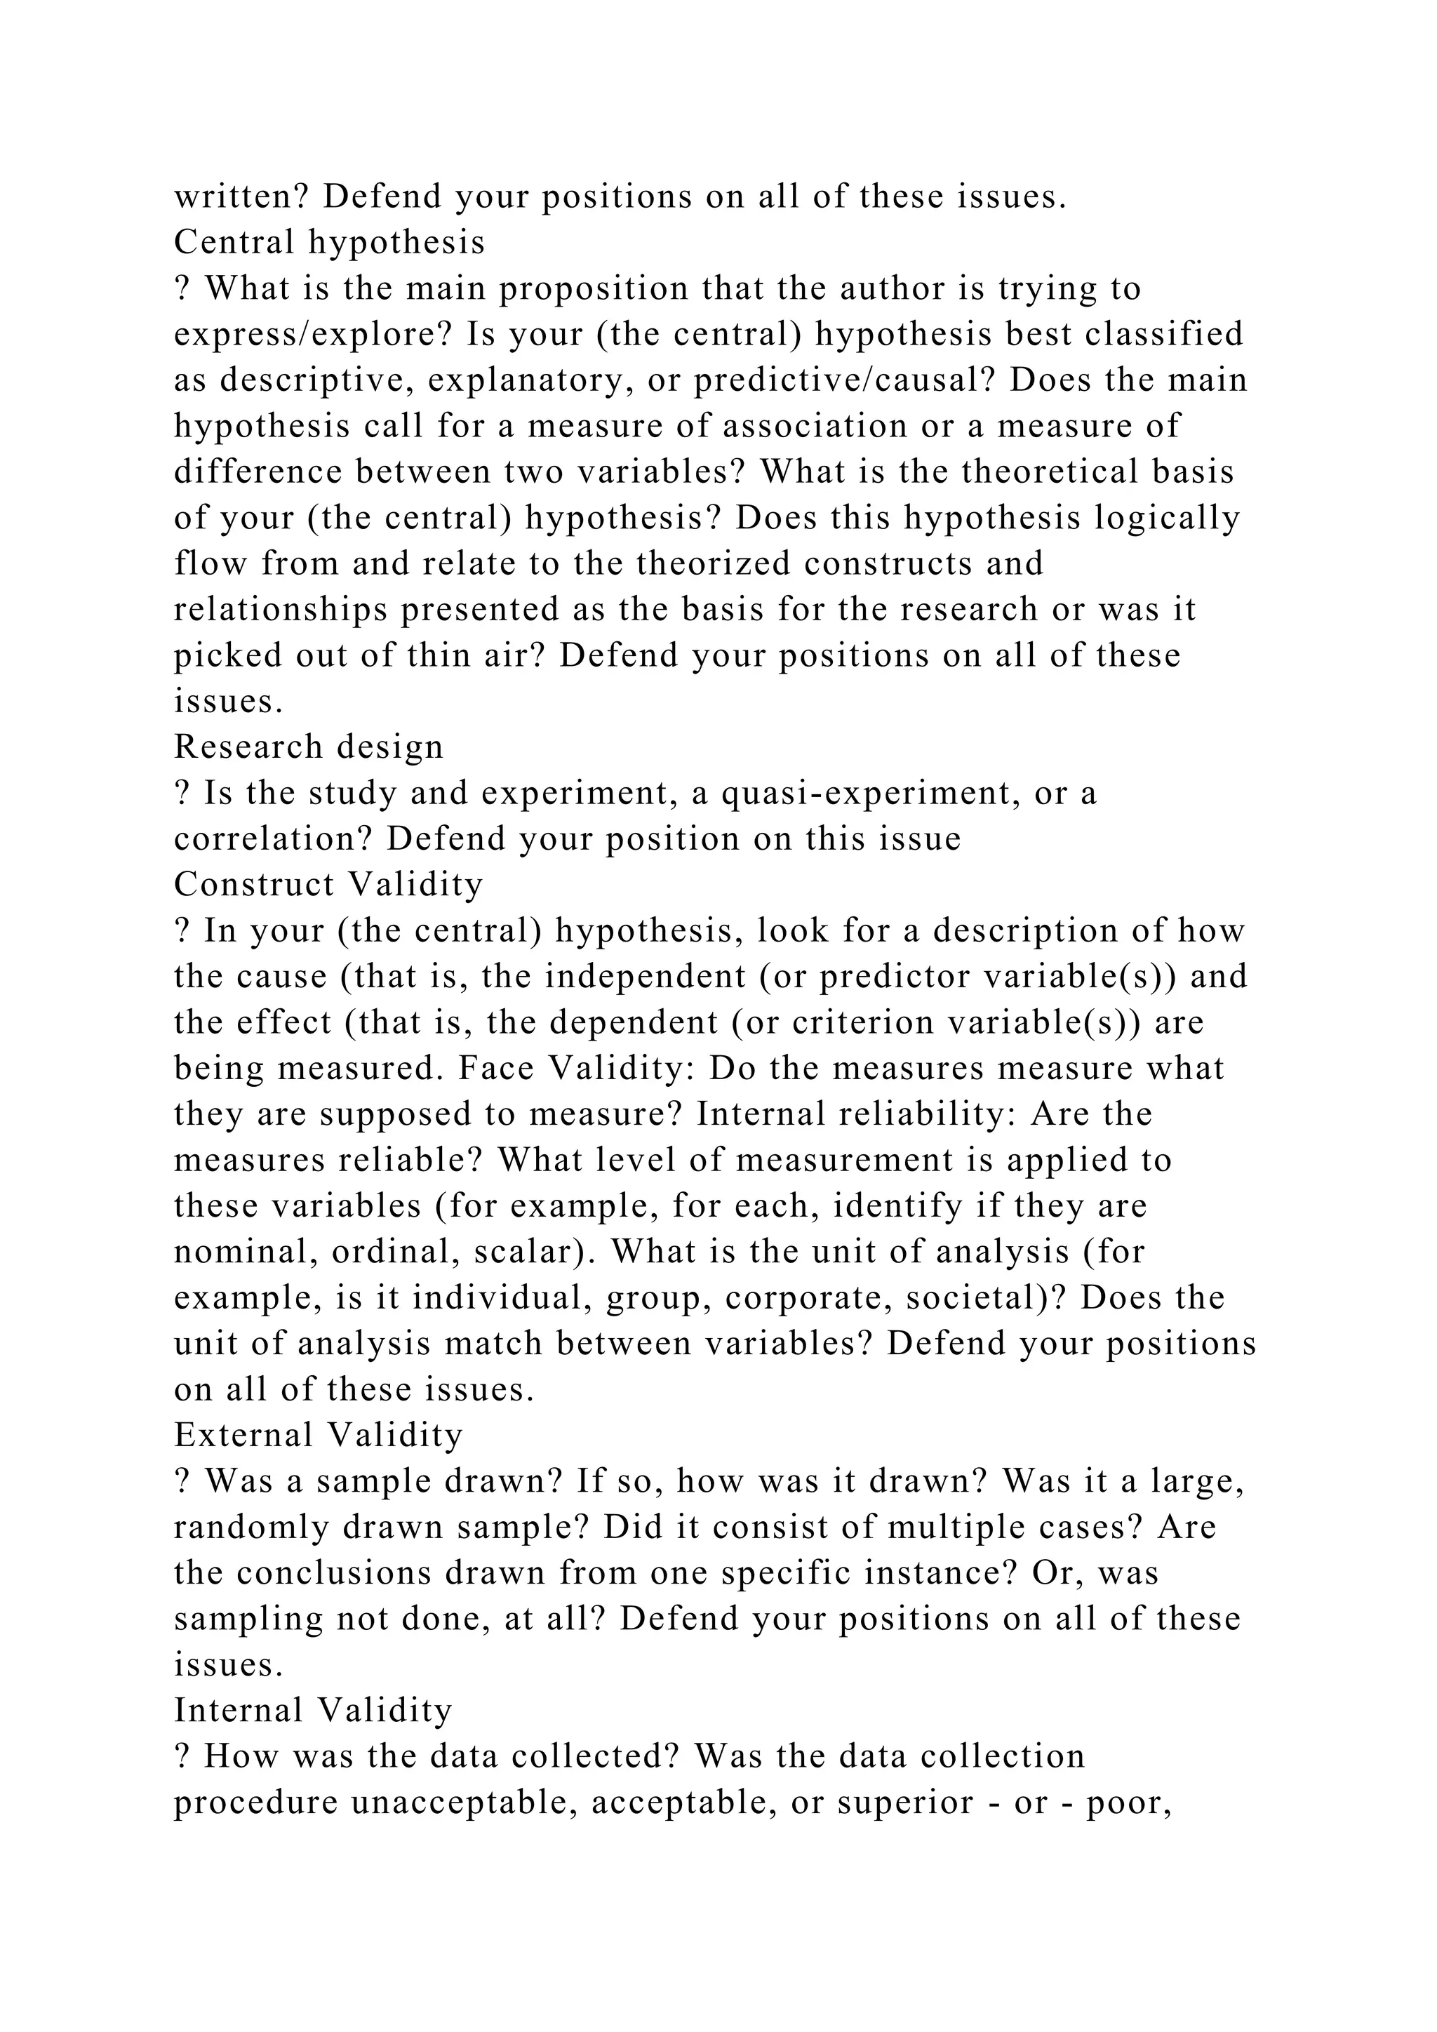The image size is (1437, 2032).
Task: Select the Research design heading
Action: (x=308, y=747)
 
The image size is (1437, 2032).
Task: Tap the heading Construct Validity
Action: (x=328, y=884)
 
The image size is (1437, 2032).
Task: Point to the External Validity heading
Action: (x=319, y=1435)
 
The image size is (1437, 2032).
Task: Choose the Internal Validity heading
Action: (x=313, y=1710)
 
